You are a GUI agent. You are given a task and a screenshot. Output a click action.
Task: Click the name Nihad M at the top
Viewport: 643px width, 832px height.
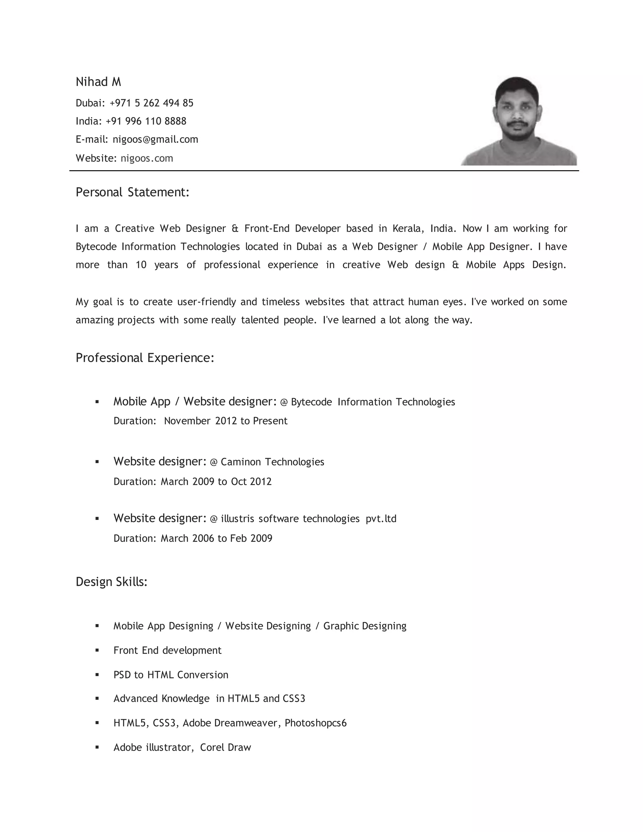98,82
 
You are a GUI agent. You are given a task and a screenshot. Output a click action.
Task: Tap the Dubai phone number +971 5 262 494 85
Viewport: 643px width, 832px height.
151,103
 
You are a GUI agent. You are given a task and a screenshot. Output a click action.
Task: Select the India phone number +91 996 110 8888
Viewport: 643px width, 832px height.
146,121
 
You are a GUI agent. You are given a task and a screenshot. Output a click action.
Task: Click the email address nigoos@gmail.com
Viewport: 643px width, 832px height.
155,139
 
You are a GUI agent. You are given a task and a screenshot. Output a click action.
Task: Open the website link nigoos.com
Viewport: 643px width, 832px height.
147,158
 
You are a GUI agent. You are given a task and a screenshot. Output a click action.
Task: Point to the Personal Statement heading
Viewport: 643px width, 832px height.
132,192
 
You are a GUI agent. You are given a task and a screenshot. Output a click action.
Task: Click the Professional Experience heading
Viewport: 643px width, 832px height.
145,358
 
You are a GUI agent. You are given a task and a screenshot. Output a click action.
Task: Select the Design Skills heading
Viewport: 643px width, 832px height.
111,582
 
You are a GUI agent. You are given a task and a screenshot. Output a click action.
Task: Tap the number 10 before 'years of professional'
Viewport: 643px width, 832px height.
141,265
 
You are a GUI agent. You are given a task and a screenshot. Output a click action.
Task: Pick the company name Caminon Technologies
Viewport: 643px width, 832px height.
272,462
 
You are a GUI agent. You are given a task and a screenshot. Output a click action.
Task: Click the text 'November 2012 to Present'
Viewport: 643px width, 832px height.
225,421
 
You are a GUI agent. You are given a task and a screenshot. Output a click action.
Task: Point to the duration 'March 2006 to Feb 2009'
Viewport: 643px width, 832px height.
216,538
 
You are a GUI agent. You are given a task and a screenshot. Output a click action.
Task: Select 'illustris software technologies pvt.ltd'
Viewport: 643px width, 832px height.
309,519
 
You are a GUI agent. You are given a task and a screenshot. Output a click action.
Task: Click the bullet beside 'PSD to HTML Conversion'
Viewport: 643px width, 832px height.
97,675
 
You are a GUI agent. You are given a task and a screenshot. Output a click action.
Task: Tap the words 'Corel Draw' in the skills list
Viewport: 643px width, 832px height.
225,748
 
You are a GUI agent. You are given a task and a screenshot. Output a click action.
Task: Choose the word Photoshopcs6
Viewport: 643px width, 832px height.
316,723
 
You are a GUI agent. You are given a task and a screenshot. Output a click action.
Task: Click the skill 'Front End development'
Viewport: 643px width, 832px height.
167,650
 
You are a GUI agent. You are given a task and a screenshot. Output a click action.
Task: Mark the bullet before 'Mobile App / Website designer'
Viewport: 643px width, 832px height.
97,402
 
